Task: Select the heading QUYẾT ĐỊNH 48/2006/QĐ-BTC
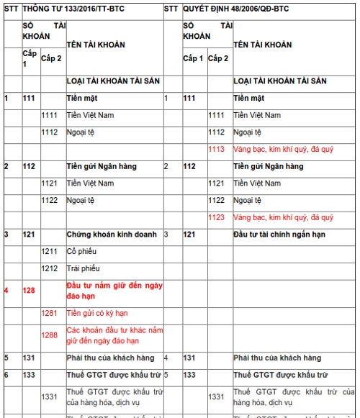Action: tap(235, 9)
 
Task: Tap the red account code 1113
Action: tap(217, 149)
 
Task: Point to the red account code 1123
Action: tap(217, 217)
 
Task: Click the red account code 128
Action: tap(30, 291)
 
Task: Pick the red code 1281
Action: tap(50, 313)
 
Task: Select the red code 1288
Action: tap(50, 335)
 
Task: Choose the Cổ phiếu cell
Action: tap(81, 251)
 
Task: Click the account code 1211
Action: tap(50, 251)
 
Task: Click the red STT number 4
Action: tap(7, 291)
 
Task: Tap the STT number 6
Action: tap(7, 374)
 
